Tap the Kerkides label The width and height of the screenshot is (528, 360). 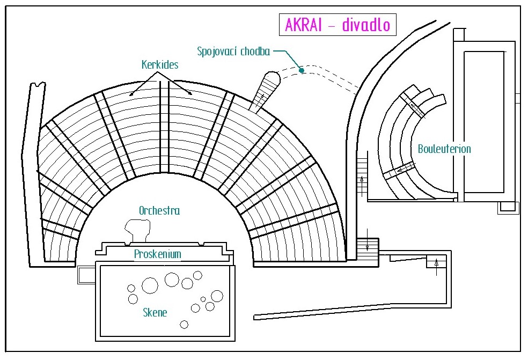point(160,64)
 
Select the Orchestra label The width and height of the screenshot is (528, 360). point(159,211)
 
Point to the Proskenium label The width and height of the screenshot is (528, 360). point(157,254)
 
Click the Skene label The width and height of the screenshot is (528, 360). point(155,313)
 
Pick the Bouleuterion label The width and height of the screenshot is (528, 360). point(444,149)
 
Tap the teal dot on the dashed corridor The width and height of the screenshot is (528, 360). point(302,70)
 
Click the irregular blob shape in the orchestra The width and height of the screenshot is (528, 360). point(137,230)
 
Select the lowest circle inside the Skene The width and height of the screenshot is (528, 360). point(184,324)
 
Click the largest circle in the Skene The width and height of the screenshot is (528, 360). point(150,285)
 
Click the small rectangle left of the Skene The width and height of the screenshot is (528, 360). point(86,275)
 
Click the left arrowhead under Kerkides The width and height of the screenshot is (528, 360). point(131,94)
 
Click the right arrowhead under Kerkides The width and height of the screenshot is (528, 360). point(190,94)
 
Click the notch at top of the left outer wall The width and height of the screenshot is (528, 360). point(38,85)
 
